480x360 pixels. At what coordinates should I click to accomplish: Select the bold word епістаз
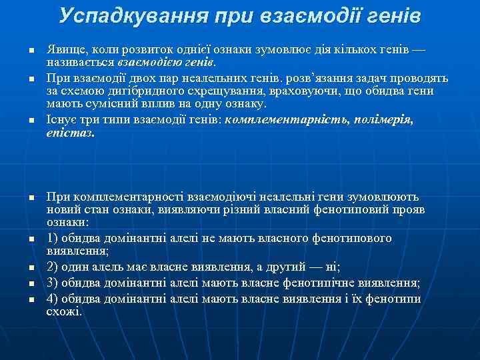70,133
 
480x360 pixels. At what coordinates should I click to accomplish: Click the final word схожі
63,311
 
